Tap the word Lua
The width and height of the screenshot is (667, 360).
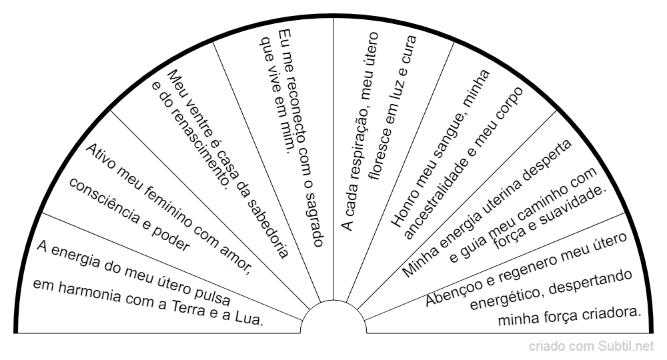point(249,319)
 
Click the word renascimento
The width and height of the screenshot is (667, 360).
point(198,145)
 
